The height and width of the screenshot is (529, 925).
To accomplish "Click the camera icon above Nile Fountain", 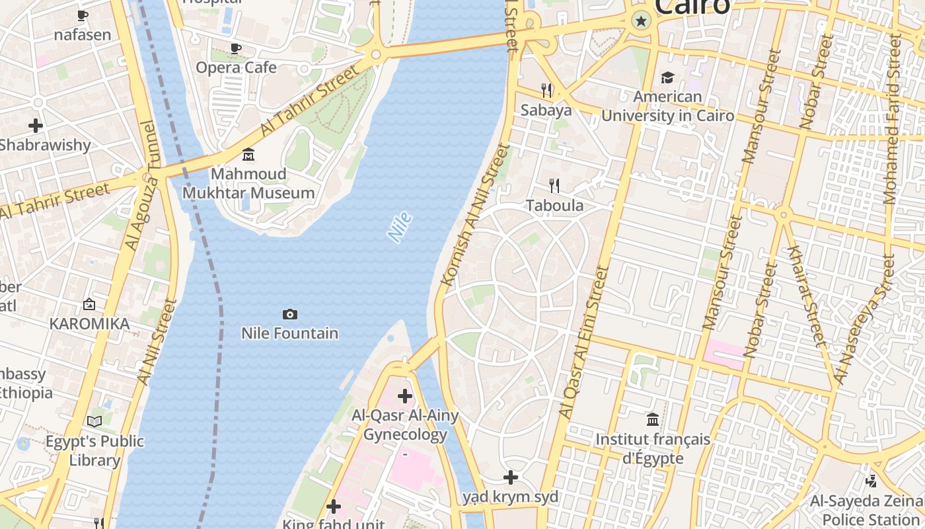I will click(289, 314).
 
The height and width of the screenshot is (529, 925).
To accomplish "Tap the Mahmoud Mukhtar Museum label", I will click(248, 184).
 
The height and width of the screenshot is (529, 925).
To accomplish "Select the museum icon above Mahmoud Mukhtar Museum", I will click(248, 155).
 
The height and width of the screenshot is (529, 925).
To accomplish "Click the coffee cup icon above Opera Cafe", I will click(235, 48).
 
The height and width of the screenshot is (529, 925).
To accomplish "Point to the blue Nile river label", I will click(400, 227).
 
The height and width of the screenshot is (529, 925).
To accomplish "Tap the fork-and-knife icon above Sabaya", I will click(546, 90).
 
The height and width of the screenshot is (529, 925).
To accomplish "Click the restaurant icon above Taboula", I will click(554, 186).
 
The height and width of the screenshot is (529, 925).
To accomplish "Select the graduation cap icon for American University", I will click(667, 77).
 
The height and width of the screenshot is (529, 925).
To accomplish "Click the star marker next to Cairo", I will click(640, 21).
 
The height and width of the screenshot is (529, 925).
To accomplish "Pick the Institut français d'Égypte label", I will click(653, 448).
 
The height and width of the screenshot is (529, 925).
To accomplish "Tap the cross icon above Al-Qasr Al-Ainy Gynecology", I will click(405, 396).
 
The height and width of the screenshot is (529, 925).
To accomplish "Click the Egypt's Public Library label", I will click(94, 450).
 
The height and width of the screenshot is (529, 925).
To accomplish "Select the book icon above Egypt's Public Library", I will click(94, 421).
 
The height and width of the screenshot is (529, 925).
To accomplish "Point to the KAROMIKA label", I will click(89, 324).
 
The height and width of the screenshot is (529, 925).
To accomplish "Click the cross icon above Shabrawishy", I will click(36, 125).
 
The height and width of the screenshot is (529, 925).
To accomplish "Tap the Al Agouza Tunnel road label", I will click(142, 186).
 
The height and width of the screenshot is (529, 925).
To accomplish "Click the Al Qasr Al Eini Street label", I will click(583, 342).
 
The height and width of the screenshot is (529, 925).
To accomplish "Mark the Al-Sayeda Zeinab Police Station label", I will click(867, 510).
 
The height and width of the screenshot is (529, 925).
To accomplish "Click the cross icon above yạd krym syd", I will click(511, 477).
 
